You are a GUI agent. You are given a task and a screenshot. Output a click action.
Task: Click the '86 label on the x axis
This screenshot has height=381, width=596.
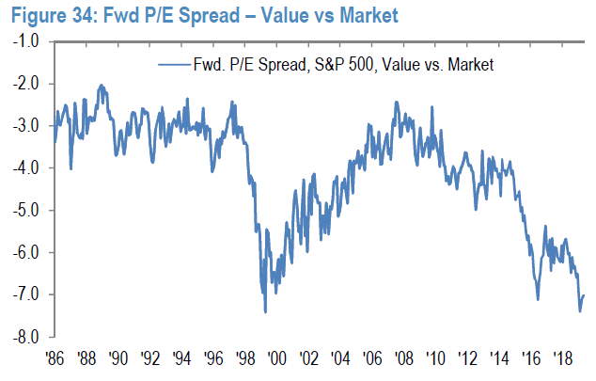tap(55, 358)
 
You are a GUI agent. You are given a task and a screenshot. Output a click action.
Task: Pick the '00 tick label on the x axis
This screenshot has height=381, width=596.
tap(276, 358)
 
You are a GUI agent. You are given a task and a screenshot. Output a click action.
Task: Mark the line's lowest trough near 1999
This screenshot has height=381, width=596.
tap(265, 311)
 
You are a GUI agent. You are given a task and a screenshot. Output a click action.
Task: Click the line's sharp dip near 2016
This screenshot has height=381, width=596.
tap(538, 300)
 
